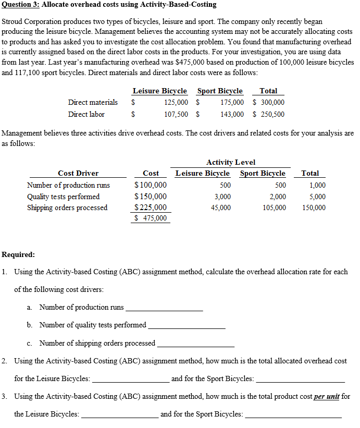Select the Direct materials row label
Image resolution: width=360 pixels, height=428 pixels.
click(93, 102)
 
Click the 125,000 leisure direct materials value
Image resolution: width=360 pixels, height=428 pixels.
click(176, 103)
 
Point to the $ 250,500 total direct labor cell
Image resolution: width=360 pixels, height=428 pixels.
click(268, 114)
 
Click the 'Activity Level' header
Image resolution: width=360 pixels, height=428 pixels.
click(231, 162)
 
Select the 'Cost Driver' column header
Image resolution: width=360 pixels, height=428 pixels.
click(78, 173)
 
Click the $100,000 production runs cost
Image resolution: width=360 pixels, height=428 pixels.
click(151, 185)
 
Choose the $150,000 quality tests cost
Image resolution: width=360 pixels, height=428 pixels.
click(151, 197)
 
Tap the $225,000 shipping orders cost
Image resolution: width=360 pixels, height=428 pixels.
click(151, 207)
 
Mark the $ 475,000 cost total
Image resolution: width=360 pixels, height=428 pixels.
click(151, 218)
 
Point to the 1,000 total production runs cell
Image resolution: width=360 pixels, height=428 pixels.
click(317, 185)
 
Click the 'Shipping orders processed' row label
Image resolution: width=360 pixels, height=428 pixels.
click(67, 207)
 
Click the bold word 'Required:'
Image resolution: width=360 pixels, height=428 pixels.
click(19, 255)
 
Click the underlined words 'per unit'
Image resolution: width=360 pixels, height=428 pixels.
click(327, 396)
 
